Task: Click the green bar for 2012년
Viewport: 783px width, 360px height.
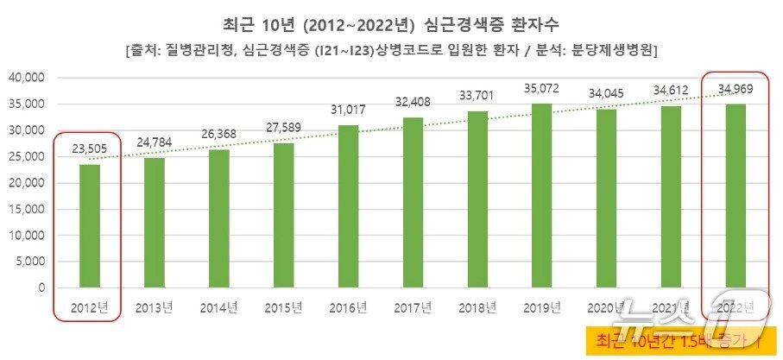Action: click(x=90, y=225)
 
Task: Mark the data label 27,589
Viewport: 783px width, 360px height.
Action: click(x=284, y=128)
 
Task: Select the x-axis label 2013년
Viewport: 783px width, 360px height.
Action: click(x=155, y=307)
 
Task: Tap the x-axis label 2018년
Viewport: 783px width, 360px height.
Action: click(x=478, y=307)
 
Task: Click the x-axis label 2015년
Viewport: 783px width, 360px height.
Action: click(x=284, y=307)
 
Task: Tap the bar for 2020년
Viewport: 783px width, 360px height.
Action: click(x=607, y=198)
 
